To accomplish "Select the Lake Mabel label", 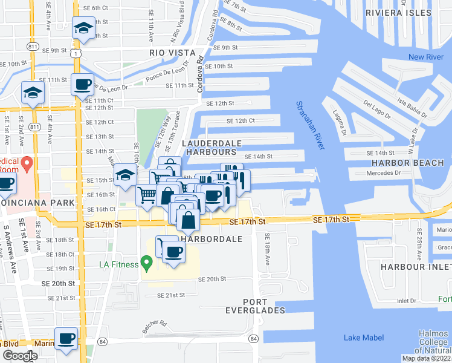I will tap(361, 337).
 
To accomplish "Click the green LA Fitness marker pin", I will tap(146, 263).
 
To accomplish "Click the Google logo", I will tap(20, 356).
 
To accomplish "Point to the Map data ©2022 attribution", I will tap(426, 358).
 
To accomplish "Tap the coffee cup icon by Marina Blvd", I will tap(66, 338).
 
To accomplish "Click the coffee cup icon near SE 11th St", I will tap(82, 84).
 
